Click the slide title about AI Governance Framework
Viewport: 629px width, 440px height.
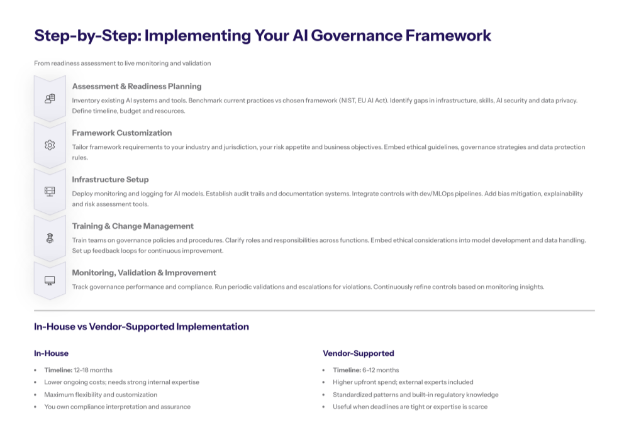pyautogui.click(x=262, y=35)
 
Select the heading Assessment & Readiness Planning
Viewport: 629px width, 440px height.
pyautogui.click(x=136, y=86)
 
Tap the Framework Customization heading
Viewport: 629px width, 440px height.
pyautogui.click(x=121, y=133)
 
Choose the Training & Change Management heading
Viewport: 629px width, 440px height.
pyautogui.click(x=133, y=226)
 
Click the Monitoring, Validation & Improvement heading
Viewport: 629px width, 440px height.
pyautogui.click(x=144, y=272)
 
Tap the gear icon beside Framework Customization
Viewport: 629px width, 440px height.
pyautogui.click(x=50, y=145)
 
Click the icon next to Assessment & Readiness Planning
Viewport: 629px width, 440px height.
pyautogui.click(x=50, y=99)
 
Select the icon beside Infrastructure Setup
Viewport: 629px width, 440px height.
pyautogui.click(x=50, y=192)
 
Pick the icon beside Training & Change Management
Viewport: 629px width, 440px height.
pyautogui.click(x=50, y=238)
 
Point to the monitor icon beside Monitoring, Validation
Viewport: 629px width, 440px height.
pyautogui.click(x=50, y=280)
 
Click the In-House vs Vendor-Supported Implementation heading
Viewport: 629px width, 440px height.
pyautogui.click(x=142, y=327)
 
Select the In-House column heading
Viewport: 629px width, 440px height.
pyautogui.click(x=52, y=353)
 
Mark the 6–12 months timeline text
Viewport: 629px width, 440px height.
pyautogui.click(x=380, y=370)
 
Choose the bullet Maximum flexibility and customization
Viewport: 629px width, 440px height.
pyautogui.click(x=101, y=395)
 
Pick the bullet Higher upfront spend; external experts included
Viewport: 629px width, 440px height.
pyautogui.click(x=403, y=382)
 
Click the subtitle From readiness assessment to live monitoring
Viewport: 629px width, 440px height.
pyautogui.click(x=123, y=63)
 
